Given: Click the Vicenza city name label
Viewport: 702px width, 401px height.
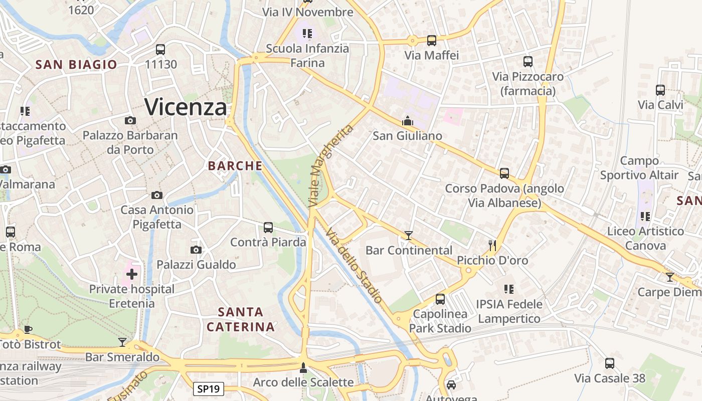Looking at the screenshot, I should point(186,107).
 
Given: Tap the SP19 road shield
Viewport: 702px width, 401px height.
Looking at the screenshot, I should point(209,389).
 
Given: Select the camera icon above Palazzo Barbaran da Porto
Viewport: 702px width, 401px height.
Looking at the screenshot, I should point(130,120).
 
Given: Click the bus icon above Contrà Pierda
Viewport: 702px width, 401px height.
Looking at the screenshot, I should point(268,228).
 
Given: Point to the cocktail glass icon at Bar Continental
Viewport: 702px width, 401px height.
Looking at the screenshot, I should point(409,235).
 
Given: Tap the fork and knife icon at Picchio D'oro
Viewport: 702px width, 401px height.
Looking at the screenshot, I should point(492,245).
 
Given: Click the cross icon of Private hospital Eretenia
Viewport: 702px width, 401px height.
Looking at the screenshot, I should point(132,274).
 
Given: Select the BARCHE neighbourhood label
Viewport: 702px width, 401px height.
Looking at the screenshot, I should point(235,166).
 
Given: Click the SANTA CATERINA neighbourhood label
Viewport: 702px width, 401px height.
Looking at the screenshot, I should point(241,319).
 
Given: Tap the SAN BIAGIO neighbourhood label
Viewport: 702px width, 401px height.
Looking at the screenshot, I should point(76,65).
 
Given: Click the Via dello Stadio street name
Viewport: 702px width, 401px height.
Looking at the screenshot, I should point(355,265).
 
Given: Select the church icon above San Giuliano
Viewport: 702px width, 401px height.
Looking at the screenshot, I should point(407,121).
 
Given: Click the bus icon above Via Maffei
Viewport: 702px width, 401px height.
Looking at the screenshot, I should point(432,41).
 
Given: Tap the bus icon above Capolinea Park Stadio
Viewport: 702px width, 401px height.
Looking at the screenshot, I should point(440,299).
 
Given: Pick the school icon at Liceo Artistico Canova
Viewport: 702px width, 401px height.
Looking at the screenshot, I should point(645,217).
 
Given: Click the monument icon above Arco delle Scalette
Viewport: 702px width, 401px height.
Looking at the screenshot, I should point(303,368).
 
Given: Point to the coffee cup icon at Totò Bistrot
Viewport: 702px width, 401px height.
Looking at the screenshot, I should point(28,329).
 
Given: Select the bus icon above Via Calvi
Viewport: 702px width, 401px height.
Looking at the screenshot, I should point(660,90).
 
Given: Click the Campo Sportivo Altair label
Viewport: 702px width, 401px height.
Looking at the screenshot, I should point(639,168).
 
